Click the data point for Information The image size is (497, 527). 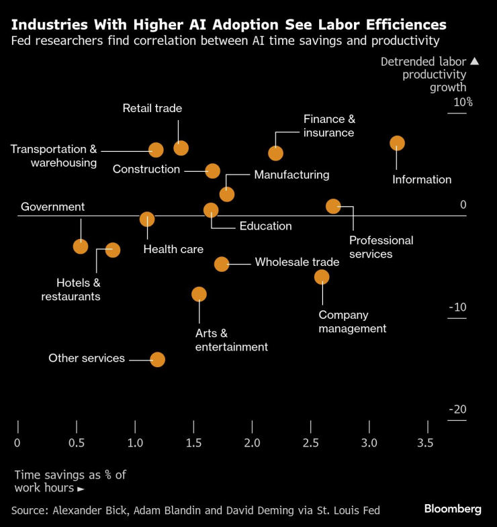[397, 143]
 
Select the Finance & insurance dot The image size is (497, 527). [275, 153]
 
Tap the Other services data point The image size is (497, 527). [157, 359]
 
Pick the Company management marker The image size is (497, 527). [322, 277]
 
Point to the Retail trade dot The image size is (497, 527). [181, 148]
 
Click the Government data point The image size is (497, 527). [81, 246]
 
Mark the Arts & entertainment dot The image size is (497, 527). [199, 294]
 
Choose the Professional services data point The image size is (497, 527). [333, 206]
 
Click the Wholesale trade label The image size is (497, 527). [297, 262]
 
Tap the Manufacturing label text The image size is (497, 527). [291, 175]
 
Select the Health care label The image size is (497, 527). [173, 249]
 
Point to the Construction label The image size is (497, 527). [146, 169]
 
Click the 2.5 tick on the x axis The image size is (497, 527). [310, 443]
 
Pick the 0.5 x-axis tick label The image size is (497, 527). [77, 443]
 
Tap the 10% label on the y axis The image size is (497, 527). [463, 103]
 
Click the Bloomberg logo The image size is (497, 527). [453, 509]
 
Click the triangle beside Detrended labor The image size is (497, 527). [474, 62]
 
